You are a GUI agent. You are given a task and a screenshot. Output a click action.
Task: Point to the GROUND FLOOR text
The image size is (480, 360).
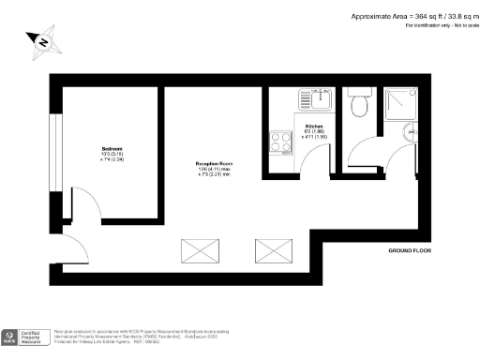pyautogui.click(x=411, y=252)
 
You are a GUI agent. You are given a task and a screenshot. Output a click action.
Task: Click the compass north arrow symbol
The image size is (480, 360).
pyautogui.click(x=41, y=41)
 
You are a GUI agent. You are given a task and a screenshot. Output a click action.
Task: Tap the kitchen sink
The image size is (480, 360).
pyautogui.click(x=312, y=97)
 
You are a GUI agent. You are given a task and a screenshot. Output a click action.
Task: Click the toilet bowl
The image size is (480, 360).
pyautogui.click(x=357, y=107)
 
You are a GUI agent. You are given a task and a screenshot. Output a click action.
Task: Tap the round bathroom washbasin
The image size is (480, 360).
pyautogui.click(x=410, y=134)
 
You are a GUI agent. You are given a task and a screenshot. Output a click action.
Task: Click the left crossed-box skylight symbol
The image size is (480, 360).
pyautogui.click(x=199, y=250)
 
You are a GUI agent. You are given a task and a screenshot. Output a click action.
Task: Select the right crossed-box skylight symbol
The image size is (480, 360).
pyautogui.click(x=274, y=250)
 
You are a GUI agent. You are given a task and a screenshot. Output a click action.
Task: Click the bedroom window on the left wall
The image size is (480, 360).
pyautogui.click(x=58, y=150)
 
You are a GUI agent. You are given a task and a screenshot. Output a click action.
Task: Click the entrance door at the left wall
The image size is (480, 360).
pyautogui.click(x=70, y=249)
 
